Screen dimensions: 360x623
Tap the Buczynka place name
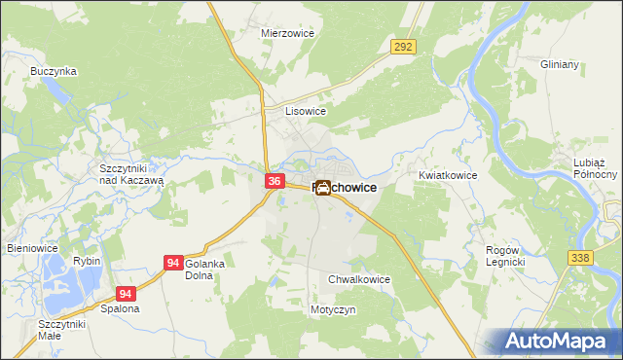pos(54,71)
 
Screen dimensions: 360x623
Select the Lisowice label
pos(305,111)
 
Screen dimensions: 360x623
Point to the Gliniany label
pos(560,64)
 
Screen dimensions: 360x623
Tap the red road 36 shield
pos(275,181)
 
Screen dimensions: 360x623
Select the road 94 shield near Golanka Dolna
pos(173,263)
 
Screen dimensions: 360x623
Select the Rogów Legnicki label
pos(506,257)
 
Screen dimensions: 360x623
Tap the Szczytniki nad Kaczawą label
pos(131,173)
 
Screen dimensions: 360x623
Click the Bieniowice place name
pos(34,248)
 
